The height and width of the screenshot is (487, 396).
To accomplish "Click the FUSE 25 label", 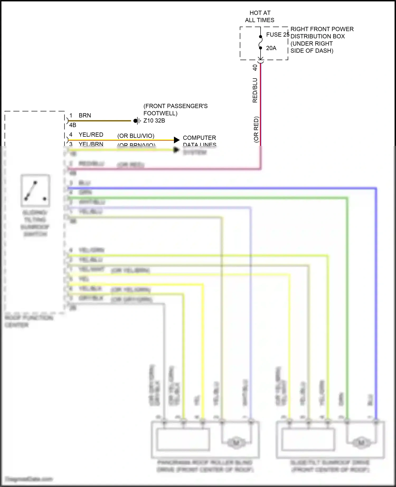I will pyautogui.click(x=277, y=35).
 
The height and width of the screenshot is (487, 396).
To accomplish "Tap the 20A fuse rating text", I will pyautogui.click(x=271, y=48).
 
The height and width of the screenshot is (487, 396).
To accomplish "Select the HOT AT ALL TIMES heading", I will pyautogui.click(x=260, y=16).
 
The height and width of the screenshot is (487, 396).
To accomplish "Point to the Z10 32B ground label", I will pyautogui.click(x=154, y=121).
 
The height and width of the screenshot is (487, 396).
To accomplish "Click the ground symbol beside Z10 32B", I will pyautogui.click(x=136, y=121).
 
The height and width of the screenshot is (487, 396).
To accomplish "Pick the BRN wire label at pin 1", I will pyautogui.click(x=85, y=115).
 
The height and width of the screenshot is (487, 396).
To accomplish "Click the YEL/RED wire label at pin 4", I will pyautogui.click(x=91, y=135).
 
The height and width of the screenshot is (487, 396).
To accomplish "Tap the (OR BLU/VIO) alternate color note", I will pyautogui.click(x=136, y=136).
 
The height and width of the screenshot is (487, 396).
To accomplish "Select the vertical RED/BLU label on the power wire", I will pyautogui.click(x=255, y=90).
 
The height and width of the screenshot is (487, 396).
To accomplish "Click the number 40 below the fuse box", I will pyautogui.click(x=255, y=68).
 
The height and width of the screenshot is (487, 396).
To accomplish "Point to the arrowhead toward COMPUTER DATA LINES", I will pyautogui.click(x=177, y=140).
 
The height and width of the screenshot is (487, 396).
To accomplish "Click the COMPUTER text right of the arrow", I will pyautogui.click(x=199, y=138).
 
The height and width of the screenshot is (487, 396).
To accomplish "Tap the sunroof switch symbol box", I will pyautogui.click(x=35, y=190).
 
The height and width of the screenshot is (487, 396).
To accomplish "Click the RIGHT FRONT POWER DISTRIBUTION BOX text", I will pyautogui.click(x=322, y=40).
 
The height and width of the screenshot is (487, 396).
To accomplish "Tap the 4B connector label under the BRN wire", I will pyautogui.click(x=73, y=125).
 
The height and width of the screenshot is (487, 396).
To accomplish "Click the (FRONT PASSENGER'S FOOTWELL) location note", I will pyautogui.click(x=175, y=109).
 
